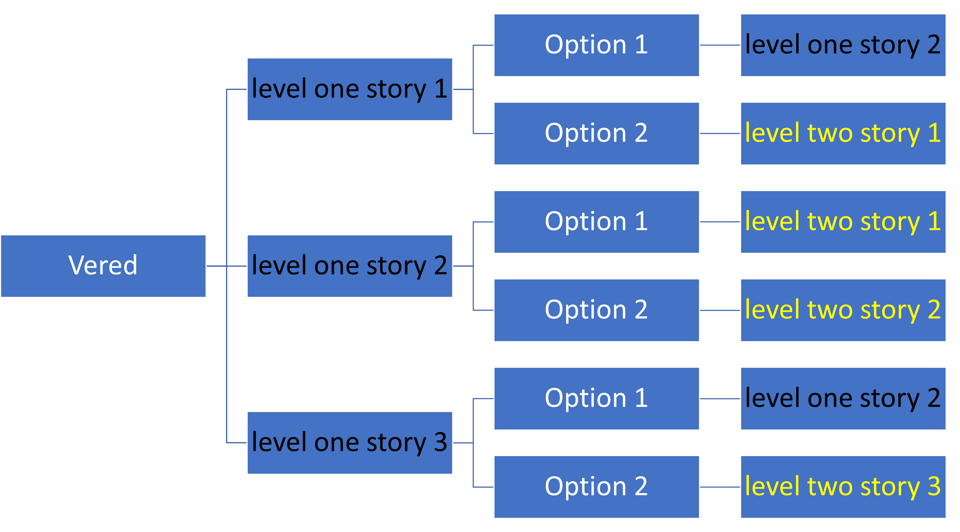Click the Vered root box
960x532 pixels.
coord(103,266)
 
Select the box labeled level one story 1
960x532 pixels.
coord(350,89)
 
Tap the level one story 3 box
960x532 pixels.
coord(350,443)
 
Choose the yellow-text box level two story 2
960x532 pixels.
coord(843,310)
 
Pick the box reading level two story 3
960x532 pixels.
coord(843,487)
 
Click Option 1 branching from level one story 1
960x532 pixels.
coord(597,45)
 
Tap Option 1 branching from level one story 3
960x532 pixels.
coord(597,399)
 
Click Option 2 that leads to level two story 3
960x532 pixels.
coord(597,487)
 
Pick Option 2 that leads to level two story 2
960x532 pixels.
coord(597,310)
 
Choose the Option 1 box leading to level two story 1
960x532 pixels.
coord(597,222)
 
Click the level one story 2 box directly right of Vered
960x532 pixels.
coord(350,266)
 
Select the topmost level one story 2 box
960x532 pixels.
coord(843,45)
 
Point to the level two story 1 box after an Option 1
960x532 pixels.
coord(843,222)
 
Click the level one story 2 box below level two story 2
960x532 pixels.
coord(843,399)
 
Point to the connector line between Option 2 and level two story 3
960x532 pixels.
coord(720,487)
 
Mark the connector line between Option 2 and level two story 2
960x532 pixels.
coord(720,310)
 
